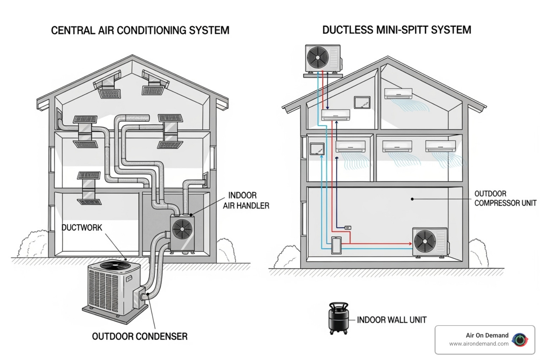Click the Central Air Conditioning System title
[140, 30]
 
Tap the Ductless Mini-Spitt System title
[397, 30]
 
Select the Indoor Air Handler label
[246, 200]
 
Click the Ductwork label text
[82, 227]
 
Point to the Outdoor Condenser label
[140, 336]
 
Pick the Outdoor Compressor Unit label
[505, 198]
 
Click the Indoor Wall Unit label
[392, 320]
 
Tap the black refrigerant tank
[339, 318]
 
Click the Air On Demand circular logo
[520, 340]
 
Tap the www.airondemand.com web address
[478, 344]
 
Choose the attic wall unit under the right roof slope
[398, 94]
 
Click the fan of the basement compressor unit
[425, 242]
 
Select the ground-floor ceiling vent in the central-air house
[89, 201]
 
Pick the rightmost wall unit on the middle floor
[440, 146]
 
